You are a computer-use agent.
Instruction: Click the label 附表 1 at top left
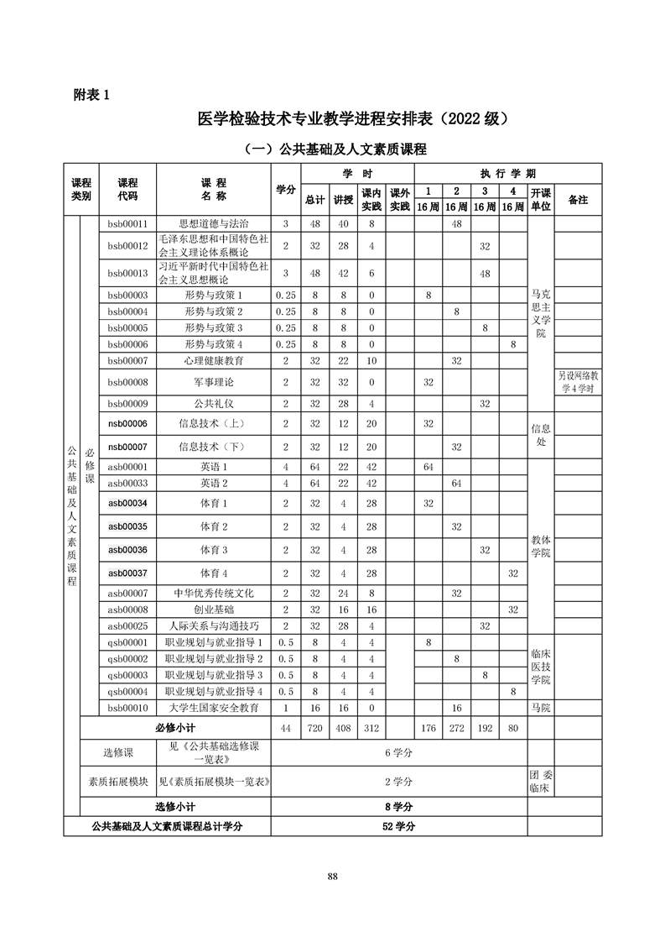92,95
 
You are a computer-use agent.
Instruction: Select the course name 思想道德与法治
214,224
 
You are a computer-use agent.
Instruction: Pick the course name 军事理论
214,382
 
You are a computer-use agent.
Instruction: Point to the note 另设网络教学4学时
578,382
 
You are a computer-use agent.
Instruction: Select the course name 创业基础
214,610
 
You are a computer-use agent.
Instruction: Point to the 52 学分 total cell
398,826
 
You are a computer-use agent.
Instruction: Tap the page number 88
332,877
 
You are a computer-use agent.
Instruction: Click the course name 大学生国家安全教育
214,708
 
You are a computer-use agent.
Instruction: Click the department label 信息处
541,434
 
